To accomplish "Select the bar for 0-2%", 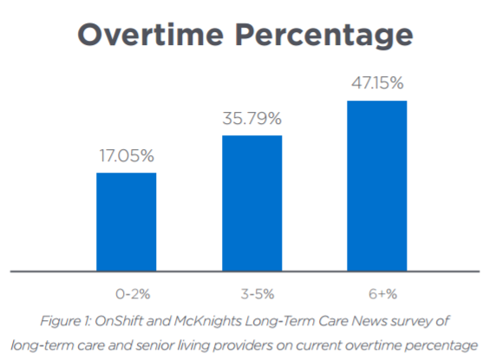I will [126, 221].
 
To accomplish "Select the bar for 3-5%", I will [251, 203].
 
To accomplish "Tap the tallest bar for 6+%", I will [376, 186].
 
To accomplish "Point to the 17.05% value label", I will [126, 156].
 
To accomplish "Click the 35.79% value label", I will [251, 119].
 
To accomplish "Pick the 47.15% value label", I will [376, 84].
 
